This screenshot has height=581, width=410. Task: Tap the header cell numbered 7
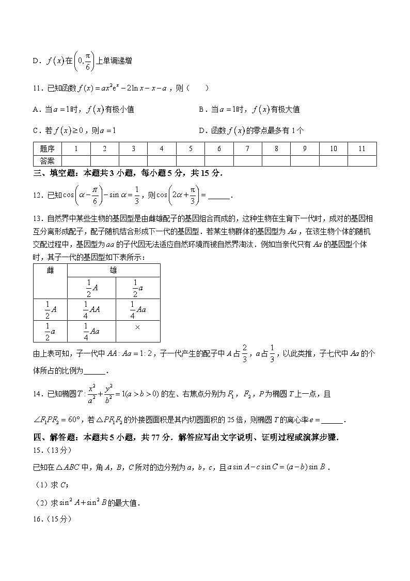click(247, 149)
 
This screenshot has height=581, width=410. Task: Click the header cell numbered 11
click(361, 149)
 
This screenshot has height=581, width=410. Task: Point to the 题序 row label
click(47, 149)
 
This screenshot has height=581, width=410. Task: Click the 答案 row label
click(47, 161)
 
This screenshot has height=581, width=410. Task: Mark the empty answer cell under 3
click(133, 161)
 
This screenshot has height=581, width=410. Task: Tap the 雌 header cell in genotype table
click(50, 270)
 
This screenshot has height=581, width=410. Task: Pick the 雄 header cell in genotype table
click(113, 270)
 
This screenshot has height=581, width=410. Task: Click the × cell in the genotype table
click(137, 327)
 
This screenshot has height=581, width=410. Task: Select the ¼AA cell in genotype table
click(91, 309)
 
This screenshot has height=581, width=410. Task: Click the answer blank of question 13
click(94, 371)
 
